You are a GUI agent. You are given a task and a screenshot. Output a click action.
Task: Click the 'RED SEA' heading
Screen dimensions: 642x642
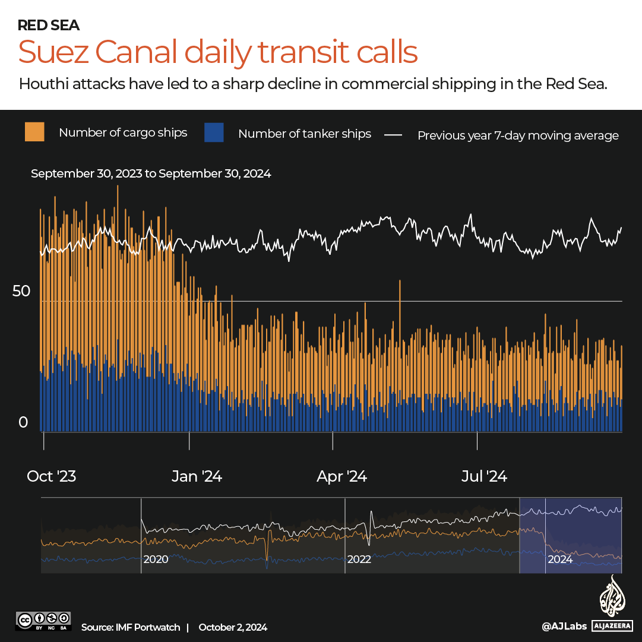pyautogui.click(x=49, y=25)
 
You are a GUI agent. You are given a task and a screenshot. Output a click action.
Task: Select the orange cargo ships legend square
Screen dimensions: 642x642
pyautogui.click(x=34, y=132)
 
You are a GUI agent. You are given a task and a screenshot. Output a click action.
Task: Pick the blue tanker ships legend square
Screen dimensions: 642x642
pyautogui.click(x=214, y=132)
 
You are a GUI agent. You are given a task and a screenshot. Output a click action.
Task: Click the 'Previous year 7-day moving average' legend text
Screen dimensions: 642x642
pyautogui.click(x=518, y=135)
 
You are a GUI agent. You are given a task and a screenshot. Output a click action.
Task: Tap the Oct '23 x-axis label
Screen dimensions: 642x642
pyautogui.click(x=52, y=476)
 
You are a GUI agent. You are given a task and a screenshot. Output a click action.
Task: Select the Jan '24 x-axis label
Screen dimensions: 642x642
pyautogui.click(x=197, y=476)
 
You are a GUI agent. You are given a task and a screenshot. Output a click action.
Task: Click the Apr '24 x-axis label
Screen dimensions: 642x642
pyautogui.click(x=341, y=476)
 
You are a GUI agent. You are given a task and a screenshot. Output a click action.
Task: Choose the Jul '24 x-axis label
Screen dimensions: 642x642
pyautogui.click(x=485, y=476)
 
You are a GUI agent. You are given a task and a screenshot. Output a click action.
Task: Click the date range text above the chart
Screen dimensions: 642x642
pyautogui.click(x=151, y=173)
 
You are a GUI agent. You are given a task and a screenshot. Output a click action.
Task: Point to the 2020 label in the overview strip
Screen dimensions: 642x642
pyautogui.click(x=156, y=559)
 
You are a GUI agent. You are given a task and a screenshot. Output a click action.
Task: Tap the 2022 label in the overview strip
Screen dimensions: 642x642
pyautogui.click(x=359, y=559)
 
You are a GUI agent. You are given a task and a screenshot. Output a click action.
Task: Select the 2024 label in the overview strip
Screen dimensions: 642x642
pyautogui.click(x=560, y=559)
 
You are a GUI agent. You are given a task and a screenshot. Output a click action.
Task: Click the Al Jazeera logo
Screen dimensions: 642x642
pyautogui.click(x=612, y=603)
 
